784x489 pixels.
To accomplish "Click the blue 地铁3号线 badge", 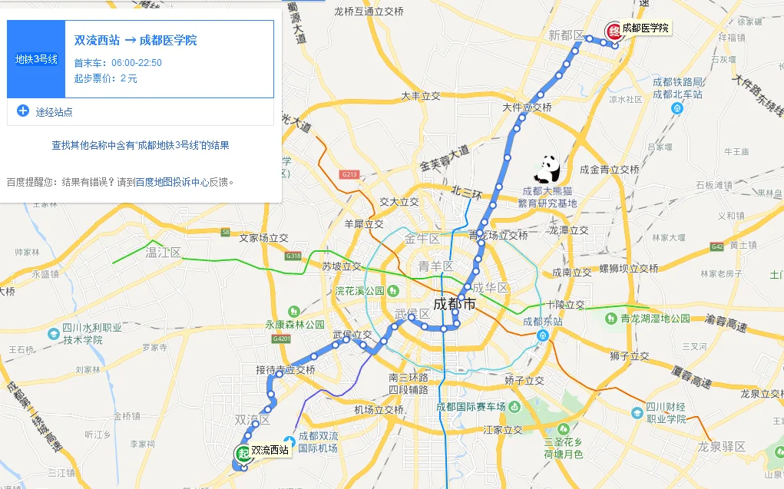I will [x=36, y=59].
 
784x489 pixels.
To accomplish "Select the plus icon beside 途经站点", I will [x=23, y=111].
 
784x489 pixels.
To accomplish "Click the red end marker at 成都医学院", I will [x=614, y=31].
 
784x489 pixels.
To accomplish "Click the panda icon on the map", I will [x=549, y=168].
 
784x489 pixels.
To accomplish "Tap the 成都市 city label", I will [x=455, y=304].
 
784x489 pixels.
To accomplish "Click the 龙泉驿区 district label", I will [x=721, y=446].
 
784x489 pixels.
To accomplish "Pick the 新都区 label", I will [x=566, y=36].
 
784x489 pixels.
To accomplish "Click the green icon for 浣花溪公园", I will [x=393, y=291].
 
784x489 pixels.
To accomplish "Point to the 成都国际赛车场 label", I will [x=471, y=407].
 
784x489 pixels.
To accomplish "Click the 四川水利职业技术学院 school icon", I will [x=53, y=334].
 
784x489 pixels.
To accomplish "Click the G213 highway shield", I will [x=349, y=175].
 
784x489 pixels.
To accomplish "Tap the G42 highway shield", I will [x=717, y=246].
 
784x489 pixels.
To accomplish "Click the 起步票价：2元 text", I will [x=106, y=78].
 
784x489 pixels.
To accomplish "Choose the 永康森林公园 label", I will [x=295, y=324].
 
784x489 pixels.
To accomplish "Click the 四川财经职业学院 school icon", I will [x=637, y=413].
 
